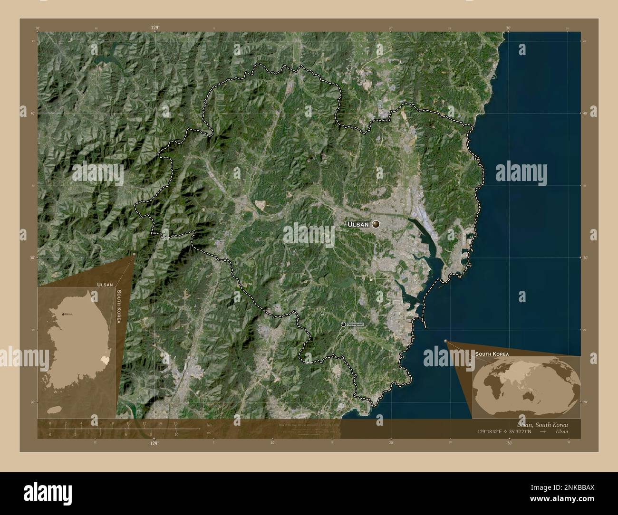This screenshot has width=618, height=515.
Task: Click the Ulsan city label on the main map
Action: (357, 224)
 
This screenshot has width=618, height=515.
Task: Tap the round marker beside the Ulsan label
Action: (376, 224)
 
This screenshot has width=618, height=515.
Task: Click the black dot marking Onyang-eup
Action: (343, 324)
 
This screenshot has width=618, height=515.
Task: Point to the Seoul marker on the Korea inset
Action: (62, 314)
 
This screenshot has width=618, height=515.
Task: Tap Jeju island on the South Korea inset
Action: (56, 410)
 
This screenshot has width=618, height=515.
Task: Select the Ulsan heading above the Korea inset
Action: (105, 284)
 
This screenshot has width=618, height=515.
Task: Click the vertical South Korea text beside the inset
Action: (119, 306)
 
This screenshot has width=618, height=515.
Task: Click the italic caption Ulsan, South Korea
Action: (542, 424)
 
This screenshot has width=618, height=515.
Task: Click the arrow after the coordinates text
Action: (543, 431)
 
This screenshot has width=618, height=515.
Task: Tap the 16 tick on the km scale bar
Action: (175, 423)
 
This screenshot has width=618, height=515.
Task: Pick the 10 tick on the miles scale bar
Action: (176, 434)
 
